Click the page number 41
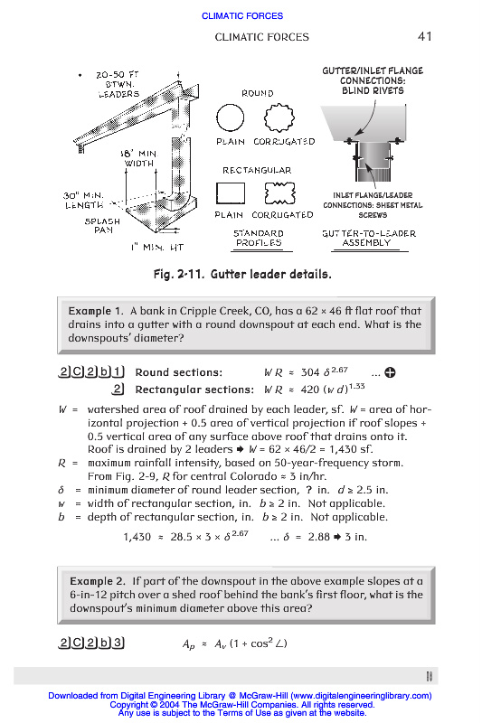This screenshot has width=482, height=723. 424,36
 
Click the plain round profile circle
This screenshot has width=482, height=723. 217,117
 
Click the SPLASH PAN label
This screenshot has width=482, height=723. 102,225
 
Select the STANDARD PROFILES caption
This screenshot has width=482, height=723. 259,238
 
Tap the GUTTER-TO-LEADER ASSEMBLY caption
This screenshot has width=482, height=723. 369,238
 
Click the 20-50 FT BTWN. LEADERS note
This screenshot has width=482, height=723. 118,84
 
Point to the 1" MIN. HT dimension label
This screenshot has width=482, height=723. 157,248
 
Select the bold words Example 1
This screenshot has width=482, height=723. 96,311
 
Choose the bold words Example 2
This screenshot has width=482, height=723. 98,581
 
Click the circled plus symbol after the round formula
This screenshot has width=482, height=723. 391,372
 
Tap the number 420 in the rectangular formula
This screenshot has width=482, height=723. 310,390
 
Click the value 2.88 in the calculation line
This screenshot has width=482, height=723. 319,537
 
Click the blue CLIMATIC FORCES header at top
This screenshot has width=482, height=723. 242,15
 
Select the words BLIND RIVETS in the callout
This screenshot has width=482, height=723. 373,91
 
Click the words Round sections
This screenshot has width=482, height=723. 178,372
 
